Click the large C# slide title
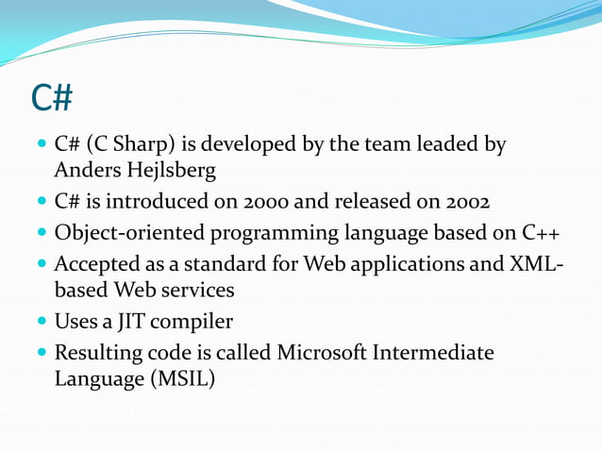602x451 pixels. pyautogui.click(x=52, y=97)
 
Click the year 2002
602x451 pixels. pyautogui.click(x=460, y=203)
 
